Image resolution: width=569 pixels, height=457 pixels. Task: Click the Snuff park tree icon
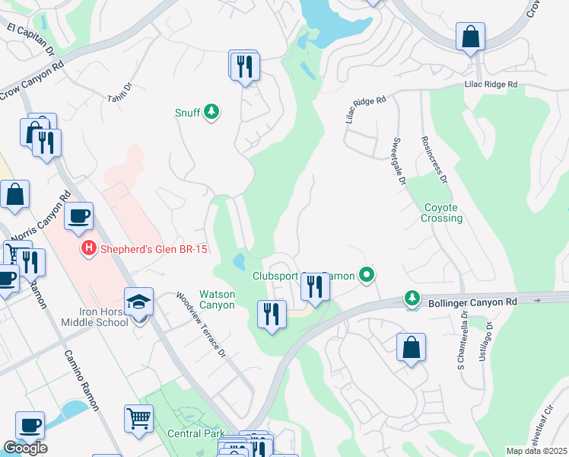tap(211, 113)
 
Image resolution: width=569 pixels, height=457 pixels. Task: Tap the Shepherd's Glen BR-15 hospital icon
tap(89, 248)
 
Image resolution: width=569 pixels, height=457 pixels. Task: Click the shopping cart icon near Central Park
tap(138, 418)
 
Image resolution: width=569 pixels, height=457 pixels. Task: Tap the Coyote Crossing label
tap(442, 213)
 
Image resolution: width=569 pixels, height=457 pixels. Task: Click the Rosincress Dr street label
tap(434, 160)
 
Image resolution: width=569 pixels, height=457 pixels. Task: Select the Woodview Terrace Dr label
tap(201, 325)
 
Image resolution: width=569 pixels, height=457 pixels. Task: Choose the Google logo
tap(25, 448)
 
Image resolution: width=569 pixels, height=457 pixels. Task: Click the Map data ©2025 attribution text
tap(536, 451)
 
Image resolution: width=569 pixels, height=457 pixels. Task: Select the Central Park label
tap(194, 434)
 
